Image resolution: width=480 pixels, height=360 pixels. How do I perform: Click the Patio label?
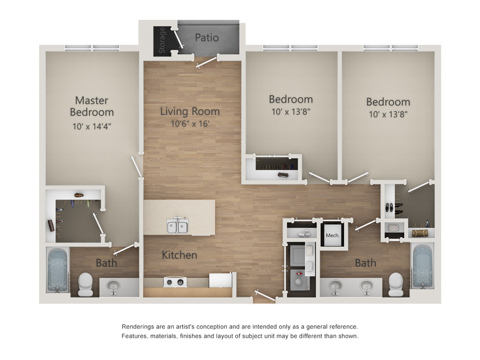[207, 37]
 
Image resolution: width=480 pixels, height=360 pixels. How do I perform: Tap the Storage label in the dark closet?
[162, 40]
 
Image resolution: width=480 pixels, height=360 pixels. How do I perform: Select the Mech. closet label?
[333, 235]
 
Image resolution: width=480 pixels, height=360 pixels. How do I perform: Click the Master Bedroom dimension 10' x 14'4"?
[92, 126]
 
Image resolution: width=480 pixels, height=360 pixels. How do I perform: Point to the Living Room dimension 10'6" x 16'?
[190, 124]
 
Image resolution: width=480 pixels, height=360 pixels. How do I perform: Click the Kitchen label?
[180, 255]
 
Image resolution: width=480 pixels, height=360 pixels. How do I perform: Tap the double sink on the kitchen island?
[177, 226]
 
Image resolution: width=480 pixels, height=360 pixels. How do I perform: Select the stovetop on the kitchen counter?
[175, 282]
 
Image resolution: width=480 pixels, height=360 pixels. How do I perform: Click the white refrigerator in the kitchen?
[220, 280]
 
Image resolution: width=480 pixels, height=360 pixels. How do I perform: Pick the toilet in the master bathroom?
[85, 284]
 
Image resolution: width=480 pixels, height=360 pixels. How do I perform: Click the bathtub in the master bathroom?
[57, 271]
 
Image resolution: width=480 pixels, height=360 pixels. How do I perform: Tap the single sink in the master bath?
[113, 286]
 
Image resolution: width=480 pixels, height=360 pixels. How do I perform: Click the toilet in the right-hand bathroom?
[396, 284]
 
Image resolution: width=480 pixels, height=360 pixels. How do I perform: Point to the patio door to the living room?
[207, 62]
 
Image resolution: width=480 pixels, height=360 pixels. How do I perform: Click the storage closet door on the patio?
[178, 39]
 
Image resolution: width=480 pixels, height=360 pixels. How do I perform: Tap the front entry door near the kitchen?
[265, 295]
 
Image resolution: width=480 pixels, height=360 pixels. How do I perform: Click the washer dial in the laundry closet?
[298, 282]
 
